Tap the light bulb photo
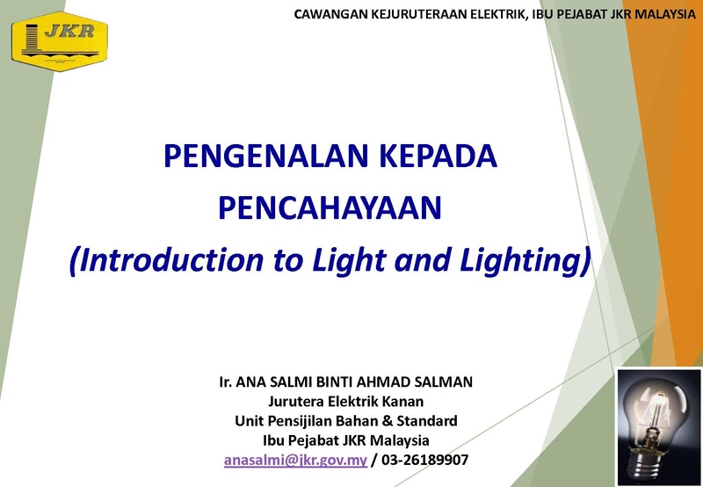(659, 427)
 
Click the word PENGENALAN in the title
(266, 156)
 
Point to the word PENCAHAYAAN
(330, 207)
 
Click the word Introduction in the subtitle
(166, 260)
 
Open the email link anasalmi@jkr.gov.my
(295, 460)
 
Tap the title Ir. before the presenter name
(226, 382)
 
